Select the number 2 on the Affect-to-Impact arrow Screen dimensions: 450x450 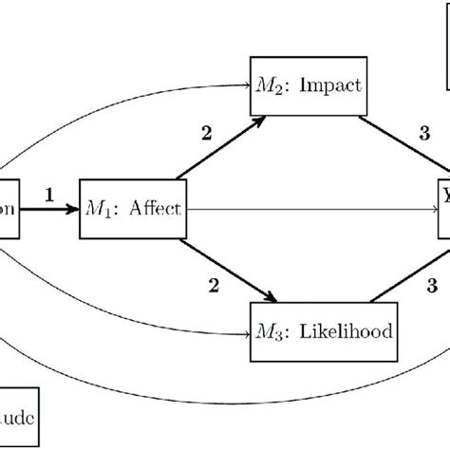206,133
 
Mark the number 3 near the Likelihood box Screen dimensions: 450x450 431,282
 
